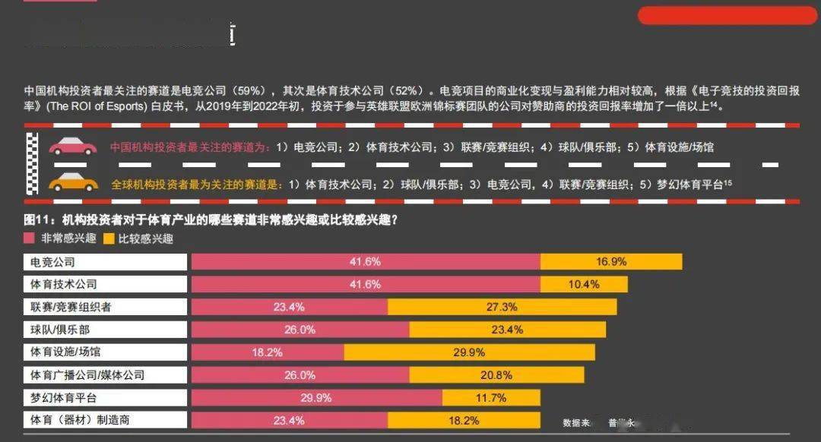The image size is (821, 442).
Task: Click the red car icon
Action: pos(73,147)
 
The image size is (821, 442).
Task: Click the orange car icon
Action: pos(73,183)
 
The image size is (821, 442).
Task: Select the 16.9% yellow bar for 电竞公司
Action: pos(611,262)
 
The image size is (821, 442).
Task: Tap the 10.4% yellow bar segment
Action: pos(584,284)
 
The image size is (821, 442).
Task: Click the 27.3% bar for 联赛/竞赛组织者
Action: pos(502,307)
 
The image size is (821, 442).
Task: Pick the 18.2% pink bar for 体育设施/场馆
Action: pos(268,352)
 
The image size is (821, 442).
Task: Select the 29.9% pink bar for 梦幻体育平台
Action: pos(316,398)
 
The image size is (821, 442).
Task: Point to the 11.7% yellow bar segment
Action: pos(491,398)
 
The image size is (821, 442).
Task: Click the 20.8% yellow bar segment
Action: pos(496,375)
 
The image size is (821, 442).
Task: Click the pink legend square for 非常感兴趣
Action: pos(30,238)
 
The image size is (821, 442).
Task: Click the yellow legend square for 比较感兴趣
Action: pos(109,238)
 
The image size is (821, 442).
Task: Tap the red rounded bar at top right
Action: pos(727,15)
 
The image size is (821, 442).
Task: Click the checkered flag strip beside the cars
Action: pos(32,166)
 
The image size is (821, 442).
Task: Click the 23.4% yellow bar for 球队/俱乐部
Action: pos(507,330)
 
